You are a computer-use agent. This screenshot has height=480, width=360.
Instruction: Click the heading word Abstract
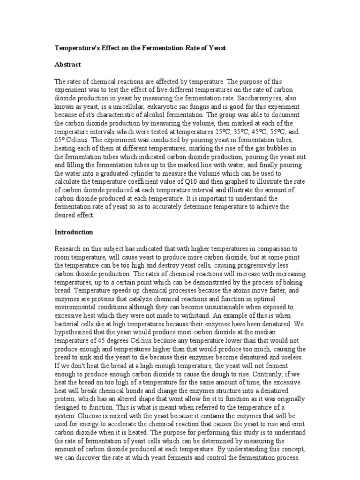click(x=68, y=64)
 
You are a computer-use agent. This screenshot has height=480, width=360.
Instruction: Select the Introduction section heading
click(x=75, y=232)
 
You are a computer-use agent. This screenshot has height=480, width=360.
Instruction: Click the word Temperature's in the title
click(x=77, y=48)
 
